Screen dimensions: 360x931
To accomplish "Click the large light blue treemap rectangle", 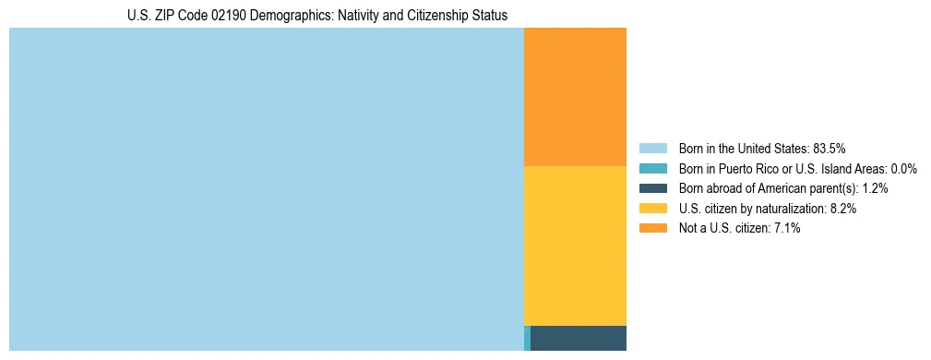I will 266,189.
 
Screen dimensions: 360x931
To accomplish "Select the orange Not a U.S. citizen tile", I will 575,97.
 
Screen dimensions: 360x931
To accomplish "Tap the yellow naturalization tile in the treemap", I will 575,246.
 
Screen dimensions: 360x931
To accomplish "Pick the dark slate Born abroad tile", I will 579,338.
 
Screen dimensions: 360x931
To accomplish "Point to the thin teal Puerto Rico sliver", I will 527,338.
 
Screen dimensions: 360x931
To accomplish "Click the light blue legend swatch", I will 652,148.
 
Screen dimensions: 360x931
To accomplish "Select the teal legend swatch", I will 652,168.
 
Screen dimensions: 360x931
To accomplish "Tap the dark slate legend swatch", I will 652,188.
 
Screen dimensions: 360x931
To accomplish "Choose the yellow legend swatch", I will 652,209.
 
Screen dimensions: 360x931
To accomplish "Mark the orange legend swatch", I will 652,228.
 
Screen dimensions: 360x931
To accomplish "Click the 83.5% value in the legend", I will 830,148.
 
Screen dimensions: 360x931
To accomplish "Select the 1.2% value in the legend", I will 875,188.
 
